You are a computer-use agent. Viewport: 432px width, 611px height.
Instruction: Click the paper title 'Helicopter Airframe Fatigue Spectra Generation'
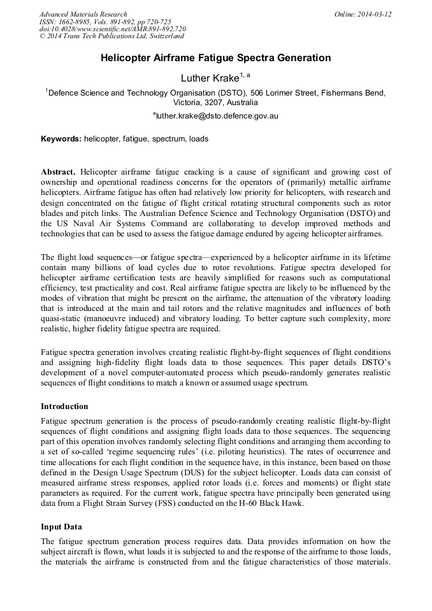coord(215,58)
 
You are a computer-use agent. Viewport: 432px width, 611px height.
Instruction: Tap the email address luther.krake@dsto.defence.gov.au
coord(217,116)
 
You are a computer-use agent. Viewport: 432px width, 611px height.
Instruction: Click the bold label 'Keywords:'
coord(61,138)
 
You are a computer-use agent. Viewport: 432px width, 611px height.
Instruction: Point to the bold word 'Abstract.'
coord(58,172)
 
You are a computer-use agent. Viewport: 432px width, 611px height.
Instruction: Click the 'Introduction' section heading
coord(64,406)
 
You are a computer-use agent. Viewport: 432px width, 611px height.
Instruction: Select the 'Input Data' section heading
coord(61,527)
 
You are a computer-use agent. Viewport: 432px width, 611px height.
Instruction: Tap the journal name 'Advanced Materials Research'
coord(83,14)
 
